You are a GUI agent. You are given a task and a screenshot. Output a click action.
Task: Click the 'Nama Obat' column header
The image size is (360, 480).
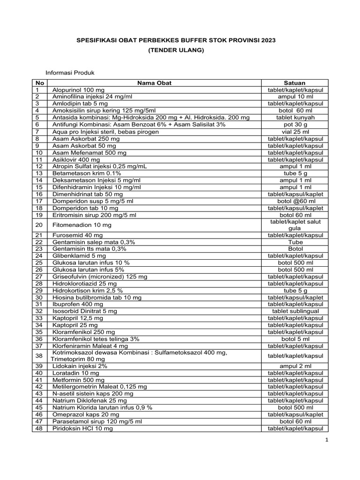pos(154,83)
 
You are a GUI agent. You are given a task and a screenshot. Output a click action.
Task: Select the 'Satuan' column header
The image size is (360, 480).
pos(295,83)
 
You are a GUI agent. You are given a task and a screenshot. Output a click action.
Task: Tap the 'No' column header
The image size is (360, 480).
pos(39,83)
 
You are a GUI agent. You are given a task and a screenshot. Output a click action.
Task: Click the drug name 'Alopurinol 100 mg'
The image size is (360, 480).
pos(78,90)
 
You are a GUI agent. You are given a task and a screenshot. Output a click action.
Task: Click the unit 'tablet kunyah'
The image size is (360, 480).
pos(295,118)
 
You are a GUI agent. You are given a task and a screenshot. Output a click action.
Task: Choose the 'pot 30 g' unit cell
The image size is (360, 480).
pos(295,125)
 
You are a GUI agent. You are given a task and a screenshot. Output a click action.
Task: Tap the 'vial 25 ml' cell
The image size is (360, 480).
pos(295,132)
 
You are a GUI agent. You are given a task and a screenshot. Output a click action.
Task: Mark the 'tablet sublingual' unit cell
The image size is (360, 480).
pos(295,311)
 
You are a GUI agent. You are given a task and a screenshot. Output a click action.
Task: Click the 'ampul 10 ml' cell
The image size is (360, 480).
pos(295,97)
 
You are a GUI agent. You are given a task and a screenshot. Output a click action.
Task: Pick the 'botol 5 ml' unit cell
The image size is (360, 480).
pos(295,338)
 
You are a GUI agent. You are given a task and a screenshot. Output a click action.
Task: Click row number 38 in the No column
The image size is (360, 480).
pos(39,356)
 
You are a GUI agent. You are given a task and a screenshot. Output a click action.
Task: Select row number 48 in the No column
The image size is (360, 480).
pos(39,428)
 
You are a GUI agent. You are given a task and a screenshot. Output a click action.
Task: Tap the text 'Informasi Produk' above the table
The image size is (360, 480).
pos(70,73)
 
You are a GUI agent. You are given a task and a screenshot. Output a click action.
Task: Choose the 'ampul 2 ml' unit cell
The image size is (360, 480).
pos(295,366)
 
